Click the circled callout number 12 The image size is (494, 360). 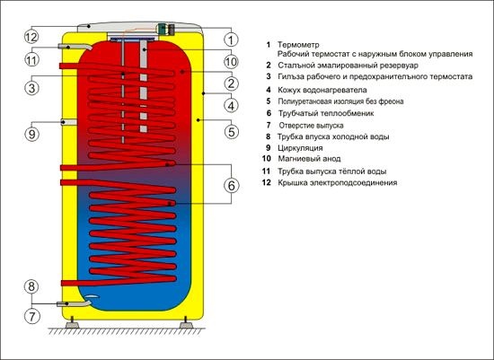tap(31, 37)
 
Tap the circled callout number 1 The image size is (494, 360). tap(231, 40)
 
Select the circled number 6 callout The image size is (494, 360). tap(232, 186)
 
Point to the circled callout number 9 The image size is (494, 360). tap(31, 134)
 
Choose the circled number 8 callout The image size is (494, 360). tap(31, 286)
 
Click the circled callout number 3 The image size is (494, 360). tap(31, 88)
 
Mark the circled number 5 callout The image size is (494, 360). tap(232, 132)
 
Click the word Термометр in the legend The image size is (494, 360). tap(298, 45)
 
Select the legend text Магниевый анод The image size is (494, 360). tap(309, 159)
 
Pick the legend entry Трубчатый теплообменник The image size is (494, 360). tap(326, 113)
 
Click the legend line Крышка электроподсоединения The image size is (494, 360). tap(338, 182)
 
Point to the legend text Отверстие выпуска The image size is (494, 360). tap(311, 126)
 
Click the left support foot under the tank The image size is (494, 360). tap(72, 323)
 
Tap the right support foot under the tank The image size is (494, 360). tap(186, 323)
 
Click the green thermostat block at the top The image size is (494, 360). tap(163, 30)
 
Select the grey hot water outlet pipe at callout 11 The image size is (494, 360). tap(75, 48)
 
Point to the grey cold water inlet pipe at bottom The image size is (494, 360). tap(74, 303)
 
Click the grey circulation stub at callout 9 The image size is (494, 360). tap(69, 122)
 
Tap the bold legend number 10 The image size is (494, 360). tap(267, 159)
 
